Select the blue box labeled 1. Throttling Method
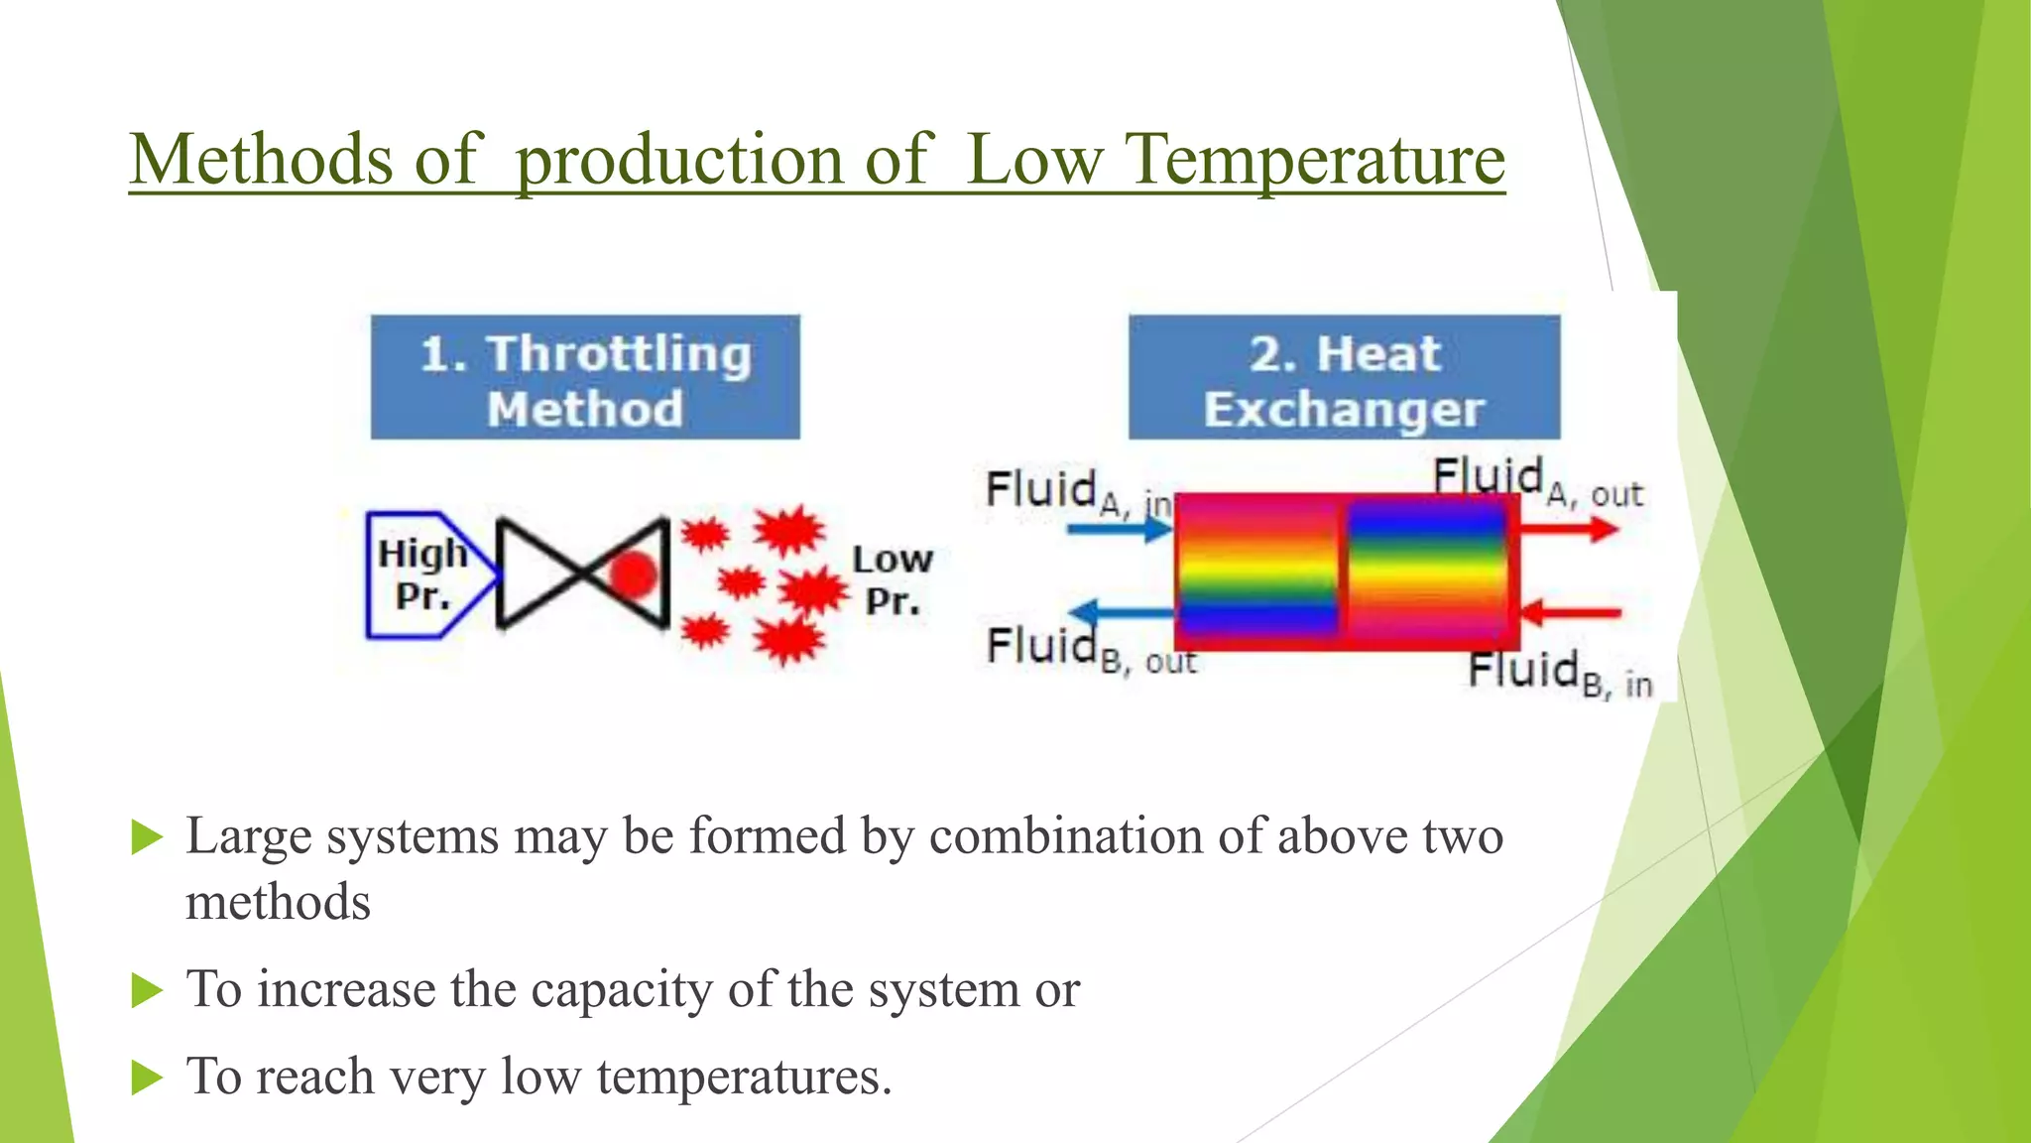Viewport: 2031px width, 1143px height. click(x=585, y=377)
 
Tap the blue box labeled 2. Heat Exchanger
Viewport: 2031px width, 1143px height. click(x=1344, y=377)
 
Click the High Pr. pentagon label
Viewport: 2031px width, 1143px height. click(x=424, y=575)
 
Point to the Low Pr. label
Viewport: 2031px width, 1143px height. click(x=892, y=580)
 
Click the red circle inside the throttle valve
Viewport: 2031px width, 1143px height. click(x=633, y=574)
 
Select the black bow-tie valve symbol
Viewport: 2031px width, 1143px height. click(x=582, y=574)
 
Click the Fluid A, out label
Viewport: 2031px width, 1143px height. click(x=1536, y=480)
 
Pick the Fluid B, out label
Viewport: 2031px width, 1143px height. click(x=1089, y=651)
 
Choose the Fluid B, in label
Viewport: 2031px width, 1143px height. click(x=1559, y=675)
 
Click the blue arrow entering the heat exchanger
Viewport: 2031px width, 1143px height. click(x=1119, y=529)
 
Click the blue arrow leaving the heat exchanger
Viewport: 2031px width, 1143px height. click(x=1121, y=613)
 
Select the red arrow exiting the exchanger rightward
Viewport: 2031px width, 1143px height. click(x=1569, y=529)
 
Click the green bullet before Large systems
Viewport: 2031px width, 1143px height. click(x=147, y=837)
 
